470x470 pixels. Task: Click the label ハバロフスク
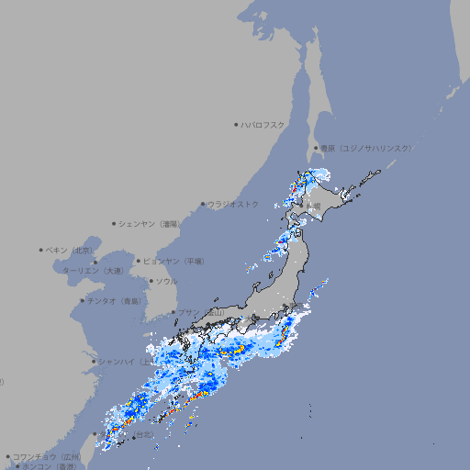(263, 125)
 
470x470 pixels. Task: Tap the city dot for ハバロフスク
(237, 125)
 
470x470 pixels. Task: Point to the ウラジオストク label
(233, 204)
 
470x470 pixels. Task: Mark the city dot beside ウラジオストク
(204, 205)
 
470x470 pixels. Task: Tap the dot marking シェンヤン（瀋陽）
(115, 223)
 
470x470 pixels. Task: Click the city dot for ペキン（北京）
(41, 250)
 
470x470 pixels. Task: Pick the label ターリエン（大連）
(92, 271)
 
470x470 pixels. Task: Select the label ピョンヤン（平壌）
(174, 261)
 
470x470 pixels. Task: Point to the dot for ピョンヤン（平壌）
(140, 261)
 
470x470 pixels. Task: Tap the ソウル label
(165, 281)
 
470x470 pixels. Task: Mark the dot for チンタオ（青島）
(83, 300)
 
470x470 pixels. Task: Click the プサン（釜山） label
(200, 313)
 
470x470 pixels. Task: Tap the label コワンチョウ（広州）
(47, 456)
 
